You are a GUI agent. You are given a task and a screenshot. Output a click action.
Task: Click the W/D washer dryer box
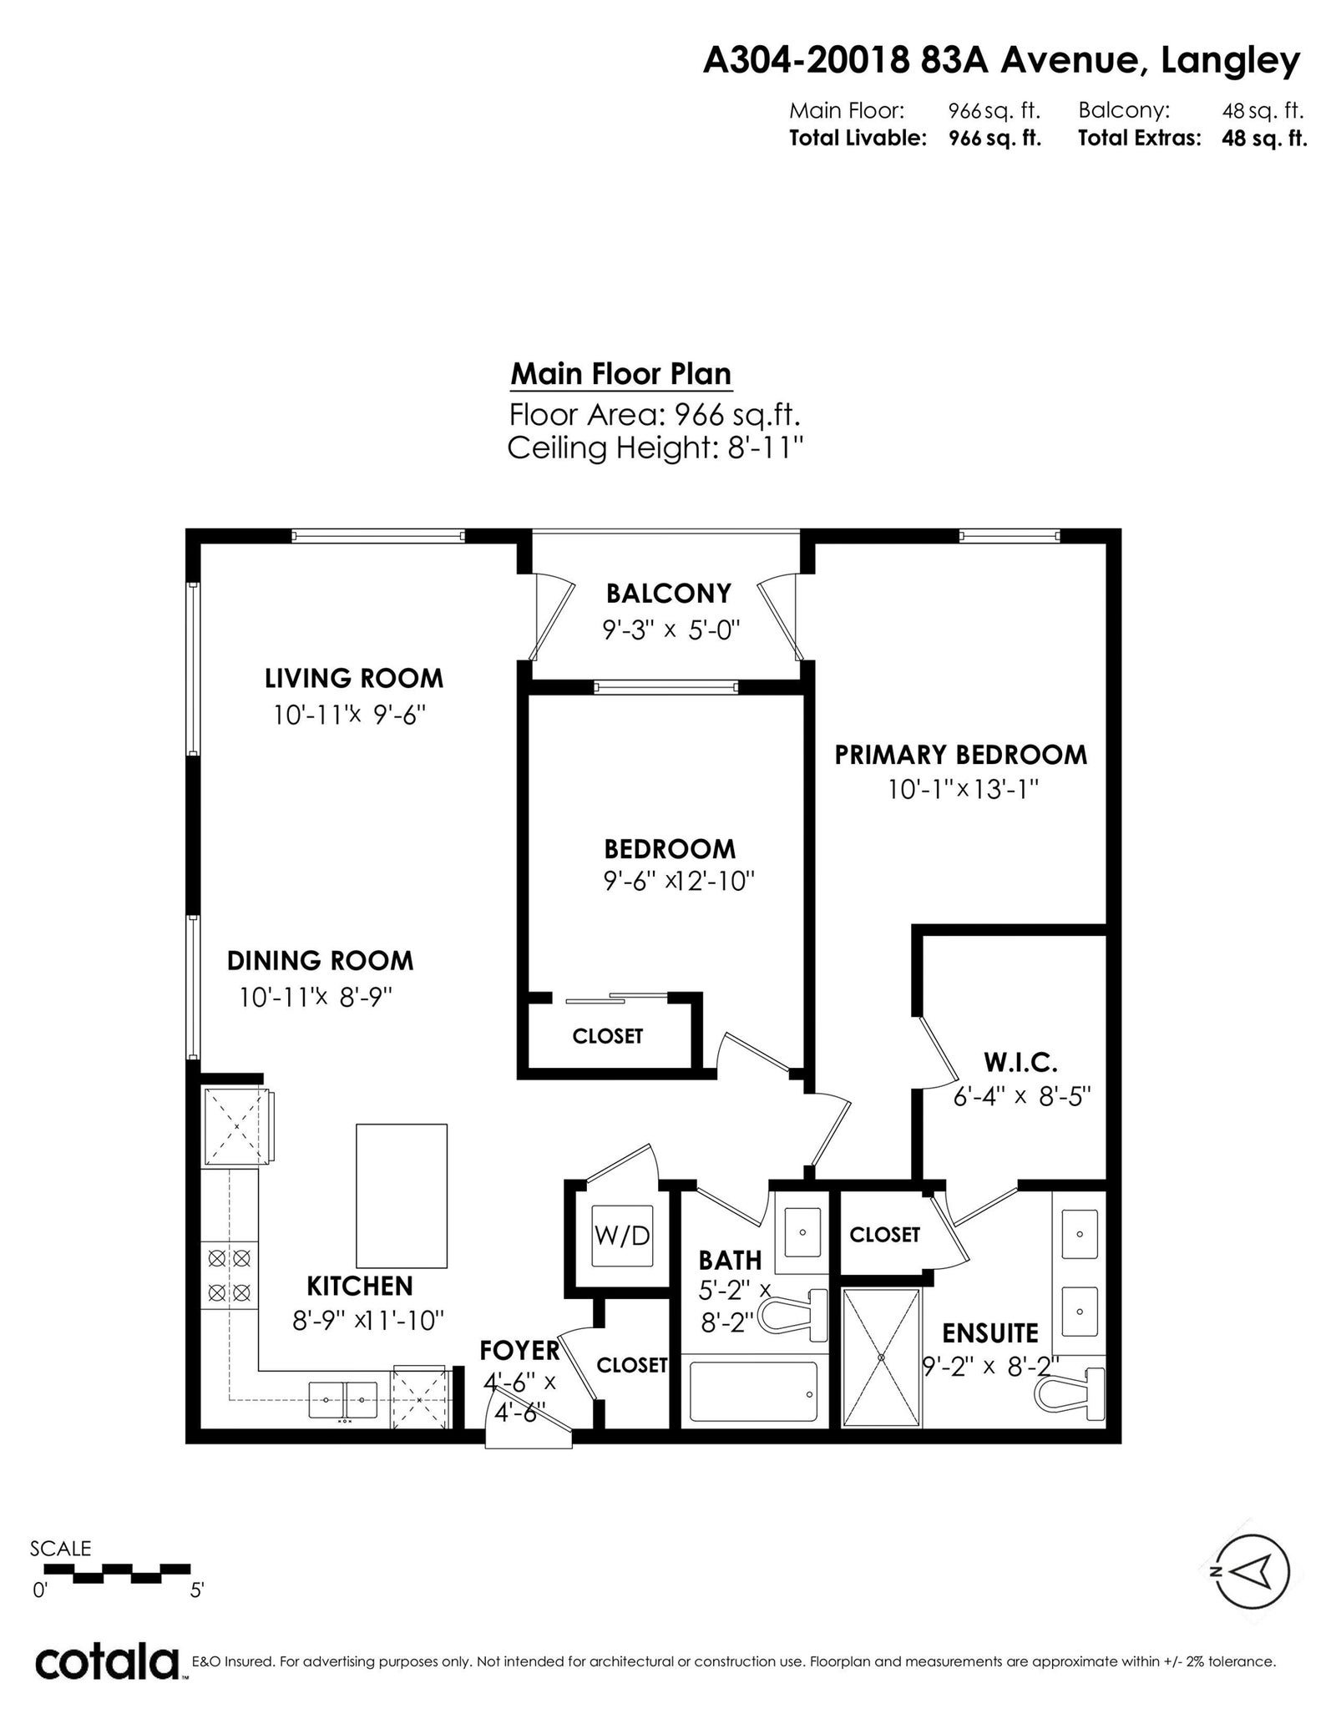621,1235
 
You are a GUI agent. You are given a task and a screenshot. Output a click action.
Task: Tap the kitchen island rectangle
402,1196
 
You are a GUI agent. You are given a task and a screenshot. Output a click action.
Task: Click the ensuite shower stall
883,1357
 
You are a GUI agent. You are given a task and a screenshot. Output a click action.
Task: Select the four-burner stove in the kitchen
229,1275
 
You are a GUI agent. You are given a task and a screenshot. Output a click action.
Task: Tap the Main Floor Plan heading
621,374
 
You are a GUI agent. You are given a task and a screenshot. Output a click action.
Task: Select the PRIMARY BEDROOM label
961,755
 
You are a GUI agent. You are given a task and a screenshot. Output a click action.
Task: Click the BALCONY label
668,593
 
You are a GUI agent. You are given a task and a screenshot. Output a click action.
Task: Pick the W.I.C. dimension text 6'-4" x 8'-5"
1022,1095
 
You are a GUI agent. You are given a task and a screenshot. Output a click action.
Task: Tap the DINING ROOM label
321,960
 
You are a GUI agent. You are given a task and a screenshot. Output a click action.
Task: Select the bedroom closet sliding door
617,998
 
